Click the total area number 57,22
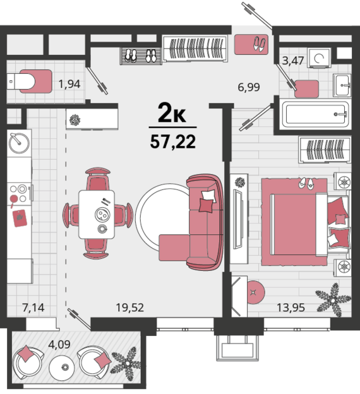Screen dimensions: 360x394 [x=172, y=142]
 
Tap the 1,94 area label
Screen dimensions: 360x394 [x=69, y=84]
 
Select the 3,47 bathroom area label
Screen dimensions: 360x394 [x=293, y=61]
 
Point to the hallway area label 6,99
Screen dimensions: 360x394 [x=249, y=87]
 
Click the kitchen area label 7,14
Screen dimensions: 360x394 [x=33, y=307]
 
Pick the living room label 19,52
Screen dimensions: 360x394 [x=129, y=307]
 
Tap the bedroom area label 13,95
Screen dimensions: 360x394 [x=291, y=307]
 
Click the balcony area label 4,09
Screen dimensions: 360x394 [x=59, y=344]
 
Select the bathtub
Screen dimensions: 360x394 [x=316, y=114]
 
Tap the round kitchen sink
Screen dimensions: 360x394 [x=19, y=143]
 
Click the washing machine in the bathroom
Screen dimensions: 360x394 [x=320, y=58]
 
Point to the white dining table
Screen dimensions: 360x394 [x=97, y=214]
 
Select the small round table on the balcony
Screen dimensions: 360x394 [x=62, y=367]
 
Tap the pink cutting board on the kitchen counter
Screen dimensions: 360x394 [x=20, y=218]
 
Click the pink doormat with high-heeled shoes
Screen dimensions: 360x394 [x=251, y=45]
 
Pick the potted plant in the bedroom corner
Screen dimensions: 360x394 [x=333, y=299]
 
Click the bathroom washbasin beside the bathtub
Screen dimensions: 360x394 [x=342, y=85]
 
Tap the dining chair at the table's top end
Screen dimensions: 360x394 [x=97, y=179]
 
